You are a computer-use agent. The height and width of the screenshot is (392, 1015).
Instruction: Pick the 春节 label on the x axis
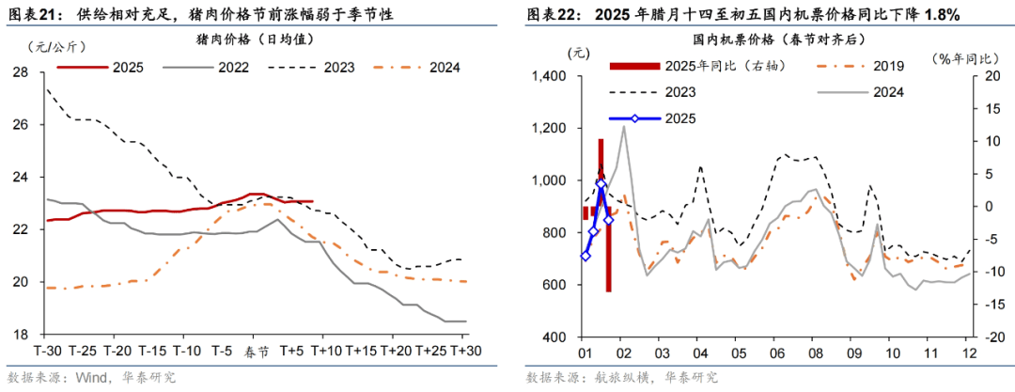pos(255,351)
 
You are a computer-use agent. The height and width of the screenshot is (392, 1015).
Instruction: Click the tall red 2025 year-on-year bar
pos(609,216)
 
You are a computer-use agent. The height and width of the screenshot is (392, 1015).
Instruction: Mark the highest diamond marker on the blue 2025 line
pos(601,184)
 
